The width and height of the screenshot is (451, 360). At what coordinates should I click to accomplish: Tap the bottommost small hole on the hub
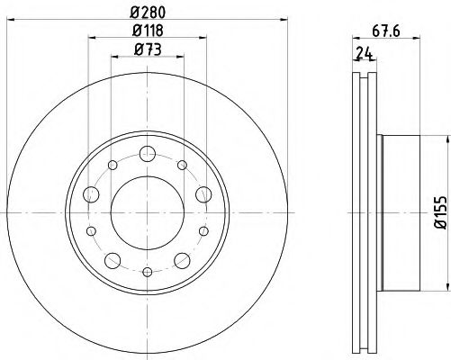click(x=148, y=273)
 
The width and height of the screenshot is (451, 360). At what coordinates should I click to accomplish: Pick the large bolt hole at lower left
click(x=112, y=261)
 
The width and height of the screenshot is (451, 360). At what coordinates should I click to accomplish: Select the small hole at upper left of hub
click(x=113, y=165)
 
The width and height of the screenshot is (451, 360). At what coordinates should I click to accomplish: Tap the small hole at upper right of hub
click(x=183, y=165)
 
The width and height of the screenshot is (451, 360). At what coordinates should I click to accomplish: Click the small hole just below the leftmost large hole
click(x=91, y=230)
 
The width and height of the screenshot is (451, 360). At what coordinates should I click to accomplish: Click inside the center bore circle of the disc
click(x=148, y=213)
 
